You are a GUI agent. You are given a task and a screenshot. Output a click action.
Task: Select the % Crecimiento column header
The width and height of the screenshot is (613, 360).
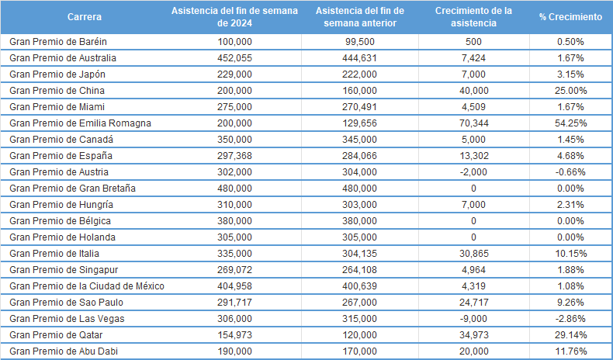click(x=570, y=17)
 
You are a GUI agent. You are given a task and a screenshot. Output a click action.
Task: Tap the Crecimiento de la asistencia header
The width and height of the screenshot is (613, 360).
click(x=473, y=17)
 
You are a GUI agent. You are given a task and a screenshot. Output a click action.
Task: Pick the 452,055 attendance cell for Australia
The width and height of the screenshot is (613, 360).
click(x=234, y=57)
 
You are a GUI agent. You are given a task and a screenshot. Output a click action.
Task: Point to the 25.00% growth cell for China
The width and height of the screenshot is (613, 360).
click(x=571, y=90)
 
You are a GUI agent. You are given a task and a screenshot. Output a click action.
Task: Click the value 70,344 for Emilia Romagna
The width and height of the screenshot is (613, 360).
click(x=473, y=123)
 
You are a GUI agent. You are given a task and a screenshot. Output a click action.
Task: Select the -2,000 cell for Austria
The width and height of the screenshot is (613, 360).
click(x=473, y=171)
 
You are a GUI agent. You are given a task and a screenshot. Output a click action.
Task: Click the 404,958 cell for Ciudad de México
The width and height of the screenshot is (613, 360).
click(x=234, y=286)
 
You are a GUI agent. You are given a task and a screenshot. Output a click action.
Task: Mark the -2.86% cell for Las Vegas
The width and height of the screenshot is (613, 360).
click(x=571, y=318)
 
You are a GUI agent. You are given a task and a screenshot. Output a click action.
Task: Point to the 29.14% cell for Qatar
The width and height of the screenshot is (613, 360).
click(x=571, y=334)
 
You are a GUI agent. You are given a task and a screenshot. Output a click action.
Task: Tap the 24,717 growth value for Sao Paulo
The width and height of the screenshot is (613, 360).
click(x=473, y=302)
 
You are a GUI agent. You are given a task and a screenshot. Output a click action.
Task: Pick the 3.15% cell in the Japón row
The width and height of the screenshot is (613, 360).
click(x=571, y=74)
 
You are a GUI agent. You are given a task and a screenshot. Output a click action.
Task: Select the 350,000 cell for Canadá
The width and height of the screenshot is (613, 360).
click(x=234, y=139)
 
